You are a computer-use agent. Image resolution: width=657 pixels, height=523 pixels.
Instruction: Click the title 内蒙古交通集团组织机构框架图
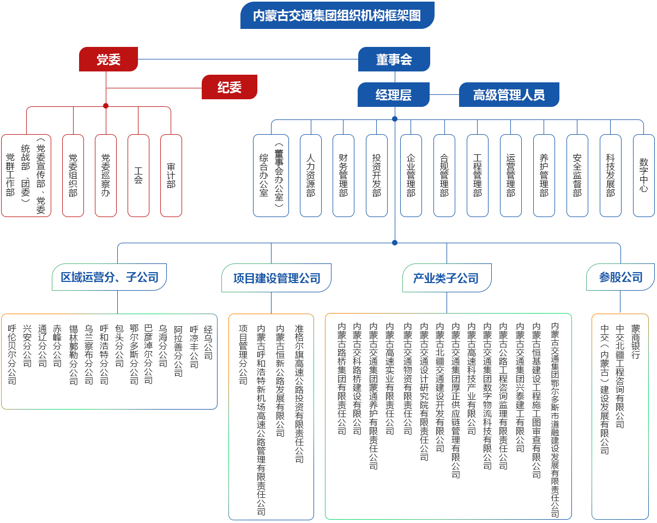[337, 15]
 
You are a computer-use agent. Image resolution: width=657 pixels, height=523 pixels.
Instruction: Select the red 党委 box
[109, 59]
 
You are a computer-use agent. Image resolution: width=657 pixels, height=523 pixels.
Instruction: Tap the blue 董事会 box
[394, 59]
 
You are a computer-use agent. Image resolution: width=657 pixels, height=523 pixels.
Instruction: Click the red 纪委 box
[229, 87]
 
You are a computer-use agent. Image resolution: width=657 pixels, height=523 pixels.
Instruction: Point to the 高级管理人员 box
[509, 95]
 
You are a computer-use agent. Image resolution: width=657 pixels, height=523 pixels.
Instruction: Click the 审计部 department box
[171, 175]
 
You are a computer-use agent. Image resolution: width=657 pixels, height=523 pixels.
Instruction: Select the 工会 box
[138, 175]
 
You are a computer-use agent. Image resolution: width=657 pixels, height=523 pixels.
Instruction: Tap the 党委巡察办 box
[105, 175]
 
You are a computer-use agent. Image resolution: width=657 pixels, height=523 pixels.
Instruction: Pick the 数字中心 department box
[643, 175]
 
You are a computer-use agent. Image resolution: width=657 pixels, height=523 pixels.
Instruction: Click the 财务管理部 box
[343, 175]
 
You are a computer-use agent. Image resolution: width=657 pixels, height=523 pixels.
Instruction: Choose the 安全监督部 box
[577, 175]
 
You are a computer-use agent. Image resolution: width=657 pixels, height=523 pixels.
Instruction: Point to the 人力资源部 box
[310, 175]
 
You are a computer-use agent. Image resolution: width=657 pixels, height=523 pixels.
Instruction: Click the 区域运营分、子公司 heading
[110, 277]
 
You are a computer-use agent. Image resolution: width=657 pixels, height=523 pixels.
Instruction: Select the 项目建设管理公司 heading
[276, 278]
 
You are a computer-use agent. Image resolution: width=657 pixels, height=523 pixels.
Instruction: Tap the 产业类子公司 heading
[446, 278]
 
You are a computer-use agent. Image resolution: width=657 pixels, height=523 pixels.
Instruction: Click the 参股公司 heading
[620, 277]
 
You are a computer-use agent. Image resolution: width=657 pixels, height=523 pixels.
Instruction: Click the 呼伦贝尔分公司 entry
[12, 354]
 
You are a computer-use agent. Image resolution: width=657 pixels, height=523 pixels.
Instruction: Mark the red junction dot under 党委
[106, 106]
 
